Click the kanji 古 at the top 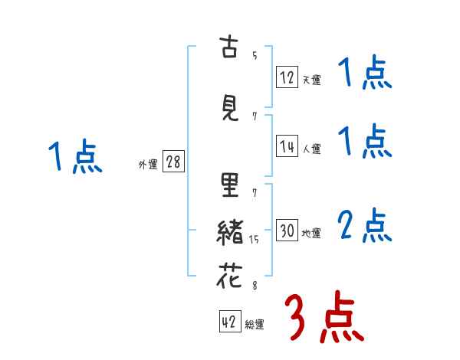[229, 47]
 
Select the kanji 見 [229, 109]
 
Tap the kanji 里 [229, 186]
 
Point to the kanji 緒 [229, 233]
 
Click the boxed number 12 [287, 77]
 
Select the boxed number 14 [287, 146]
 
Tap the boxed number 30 [287, 231]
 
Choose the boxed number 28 [173, 162]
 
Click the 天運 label [311, 80]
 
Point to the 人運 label [311, 149]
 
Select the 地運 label [311, 234]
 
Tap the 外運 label [147, 165]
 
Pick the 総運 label [255, 325]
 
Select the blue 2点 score [364, 226]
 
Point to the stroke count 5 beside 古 [254, 55]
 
